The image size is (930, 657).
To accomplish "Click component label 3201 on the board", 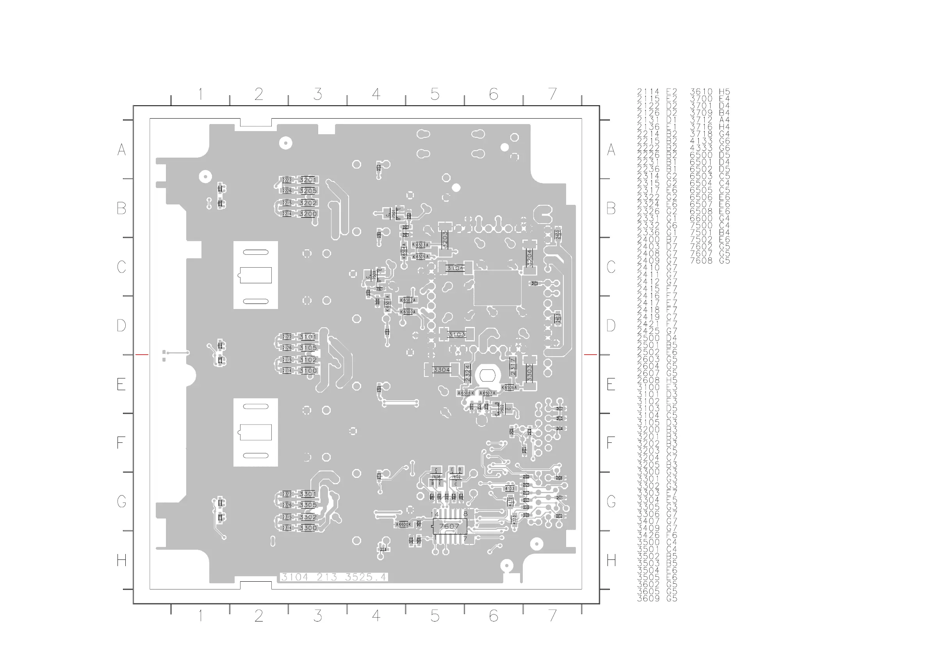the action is [308, 180].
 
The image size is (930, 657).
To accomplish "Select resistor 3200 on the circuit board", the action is [308, 214].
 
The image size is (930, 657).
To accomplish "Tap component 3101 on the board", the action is [308, 337].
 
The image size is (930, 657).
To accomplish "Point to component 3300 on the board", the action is [308, 528].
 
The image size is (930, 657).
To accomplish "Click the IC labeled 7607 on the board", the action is [449, 526].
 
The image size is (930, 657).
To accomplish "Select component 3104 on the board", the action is [455, 268].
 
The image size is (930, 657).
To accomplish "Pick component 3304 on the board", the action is [441, 369].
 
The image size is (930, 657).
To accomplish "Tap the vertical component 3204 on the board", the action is [529, 257].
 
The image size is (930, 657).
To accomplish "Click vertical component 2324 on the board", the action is [467, 373].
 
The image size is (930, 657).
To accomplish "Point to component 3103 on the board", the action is [456, 334].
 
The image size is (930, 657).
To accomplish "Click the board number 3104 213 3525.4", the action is [334, 577].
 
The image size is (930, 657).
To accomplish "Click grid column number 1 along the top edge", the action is [201, 94].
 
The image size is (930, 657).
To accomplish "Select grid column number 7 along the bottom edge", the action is [552, 616].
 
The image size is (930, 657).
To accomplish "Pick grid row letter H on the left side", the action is [121, 560].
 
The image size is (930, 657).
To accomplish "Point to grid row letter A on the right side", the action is [611, 150].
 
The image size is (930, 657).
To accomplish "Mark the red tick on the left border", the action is [142, 355].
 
